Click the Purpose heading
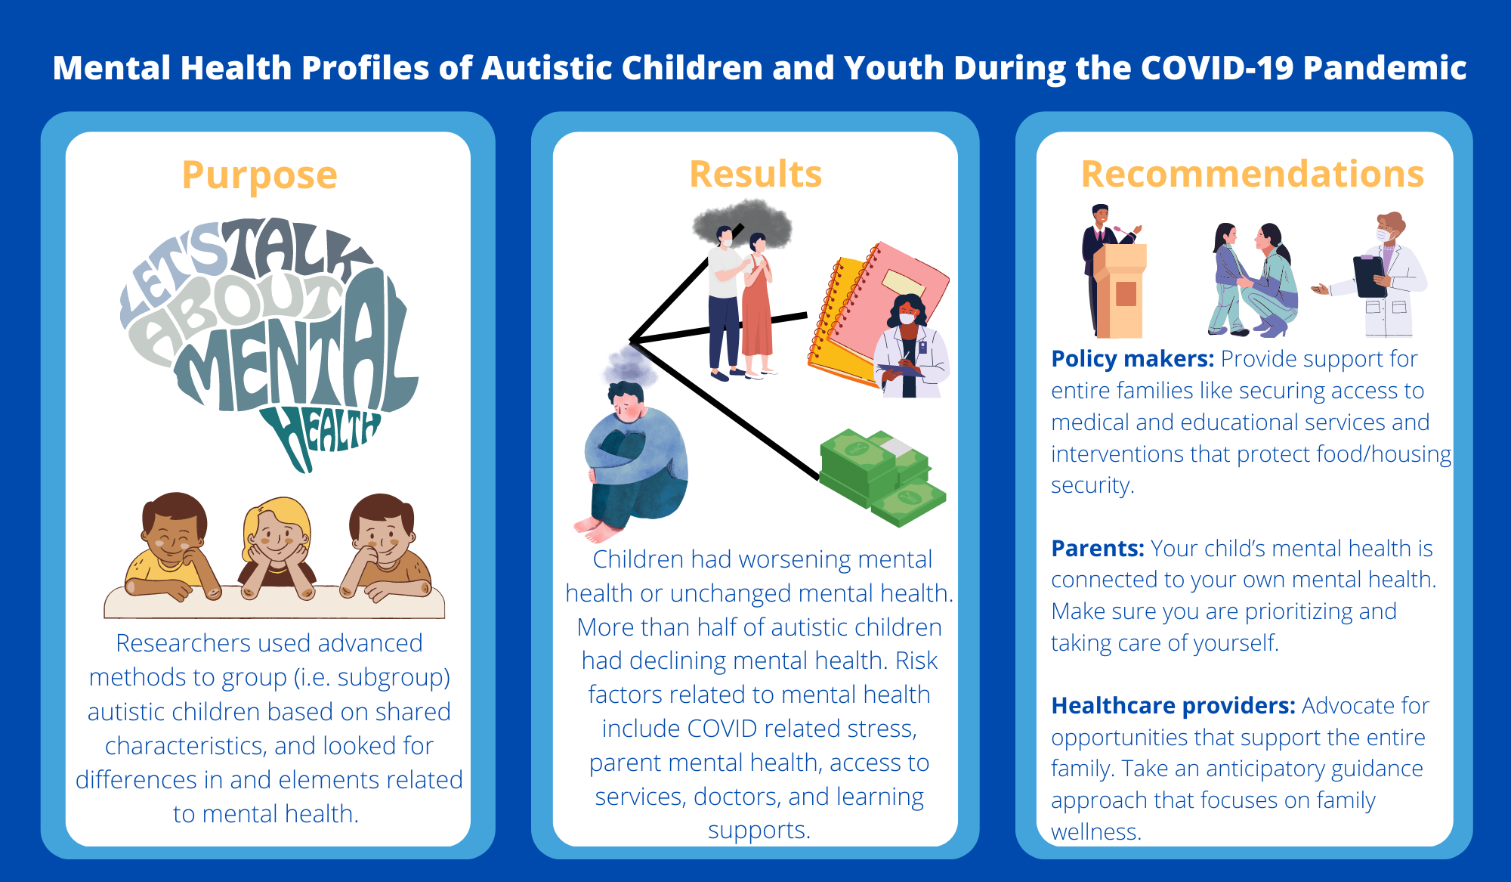259,175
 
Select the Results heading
755,174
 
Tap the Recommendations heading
1252,174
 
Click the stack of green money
880,476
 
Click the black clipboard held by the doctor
1369,276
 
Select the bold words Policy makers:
1132,358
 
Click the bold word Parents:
1098,548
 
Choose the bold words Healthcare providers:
1173,705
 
